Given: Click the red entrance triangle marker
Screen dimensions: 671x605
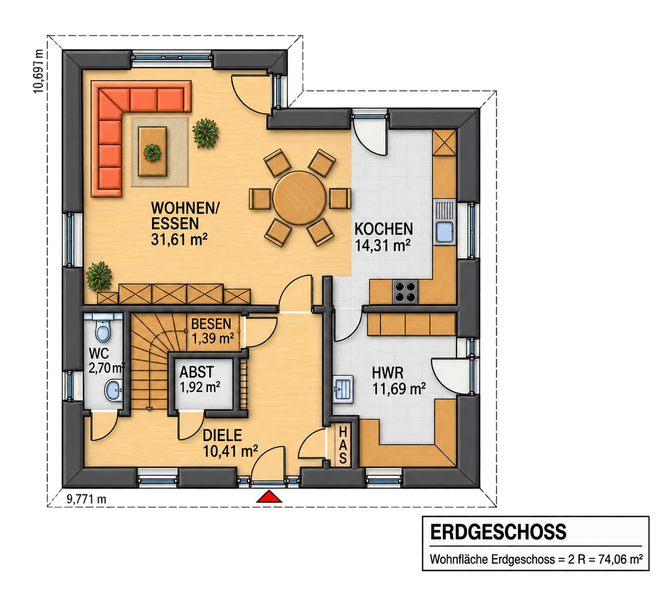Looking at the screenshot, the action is (269, 497).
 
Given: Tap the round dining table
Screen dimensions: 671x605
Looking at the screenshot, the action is (299, 198).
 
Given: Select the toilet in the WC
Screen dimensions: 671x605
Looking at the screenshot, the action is (103, 331).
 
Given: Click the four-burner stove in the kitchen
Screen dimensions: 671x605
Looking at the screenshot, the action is (405, 292).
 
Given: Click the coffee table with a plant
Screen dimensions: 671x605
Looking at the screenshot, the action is (152, 151).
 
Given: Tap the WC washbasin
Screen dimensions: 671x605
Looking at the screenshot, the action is (114, 390).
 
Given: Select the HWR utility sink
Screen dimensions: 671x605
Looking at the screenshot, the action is (343, 389).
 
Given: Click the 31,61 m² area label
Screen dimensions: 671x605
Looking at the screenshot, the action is (179, 240).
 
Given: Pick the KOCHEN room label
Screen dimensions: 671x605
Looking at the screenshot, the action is (384, 229).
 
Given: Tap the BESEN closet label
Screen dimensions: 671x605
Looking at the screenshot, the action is (211, 324).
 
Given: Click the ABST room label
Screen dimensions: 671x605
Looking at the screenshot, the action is (197, 372).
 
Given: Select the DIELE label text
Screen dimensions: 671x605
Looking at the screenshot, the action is (222, 435).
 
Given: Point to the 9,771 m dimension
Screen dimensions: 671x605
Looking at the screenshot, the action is (86, 499).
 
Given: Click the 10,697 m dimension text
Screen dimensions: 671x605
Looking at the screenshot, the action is (38, 71).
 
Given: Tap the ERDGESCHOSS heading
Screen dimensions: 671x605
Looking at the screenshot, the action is (498, 532).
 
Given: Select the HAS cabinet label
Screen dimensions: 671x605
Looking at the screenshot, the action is (343, 445).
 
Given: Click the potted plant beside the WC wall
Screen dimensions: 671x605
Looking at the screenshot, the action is (99, 276).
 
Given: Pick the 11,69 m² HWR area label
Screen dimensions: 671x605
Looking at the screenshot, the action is (399, 389).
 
